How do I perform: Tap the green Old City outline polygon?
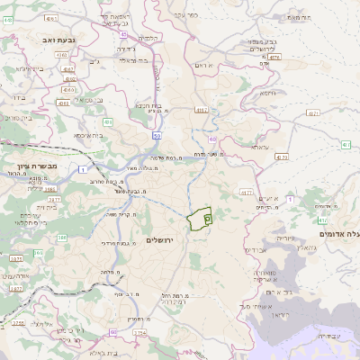pyautogui.click(x=200, y=217)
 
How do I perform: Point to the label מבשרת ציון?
pyautogui.click(x=37, y=166)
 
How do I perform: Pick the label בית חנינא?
pyautogui.click(x=148, y=105)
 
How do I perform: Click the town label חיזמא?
pyautogui.click(x=267, y=93)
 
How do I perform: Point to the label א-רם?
pyautogui.click(x=203, y=65)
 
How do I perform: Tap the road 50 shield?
pyautogui.click(x=157, y=137)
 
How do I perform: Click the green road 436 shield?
pyautogui.click(x=107, y=122)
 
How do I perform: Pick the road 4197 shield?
pyautogui.click(x=201, y=110)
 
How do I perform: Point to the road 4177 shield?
pyautogui.click(x=246, y=193)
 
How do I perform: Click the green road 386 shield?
pyautogui.click(x=62, y=238)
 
